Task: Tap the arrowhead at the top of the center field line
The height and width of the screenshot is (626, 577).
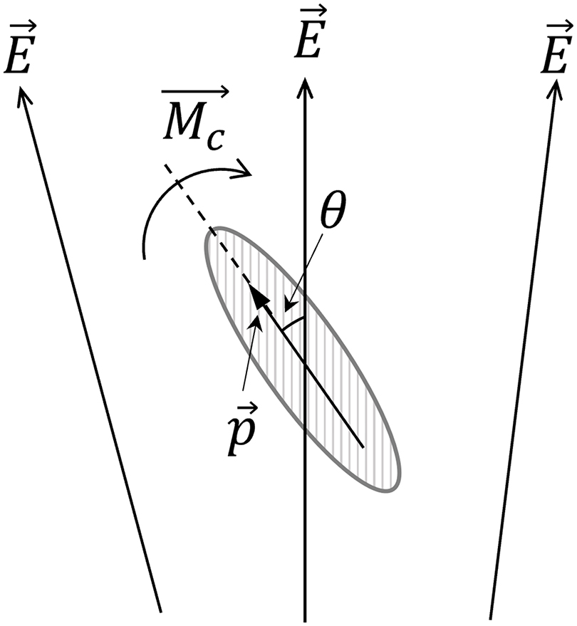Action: tap(306, 84)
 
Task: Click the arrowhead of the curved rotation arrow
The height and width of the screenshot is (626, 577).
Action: tap(246, 171)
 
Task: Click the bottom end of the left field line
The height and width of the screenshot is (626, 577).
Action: tap(161, 611)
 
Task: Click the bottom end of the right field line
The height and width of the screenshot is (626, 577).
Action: tap(490, 617)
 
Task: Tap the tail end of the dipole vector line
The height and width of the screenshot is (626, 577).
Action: tap(364, 447)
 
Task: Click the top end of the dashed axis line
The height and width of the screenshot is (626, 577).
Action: tap(165, 166)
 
